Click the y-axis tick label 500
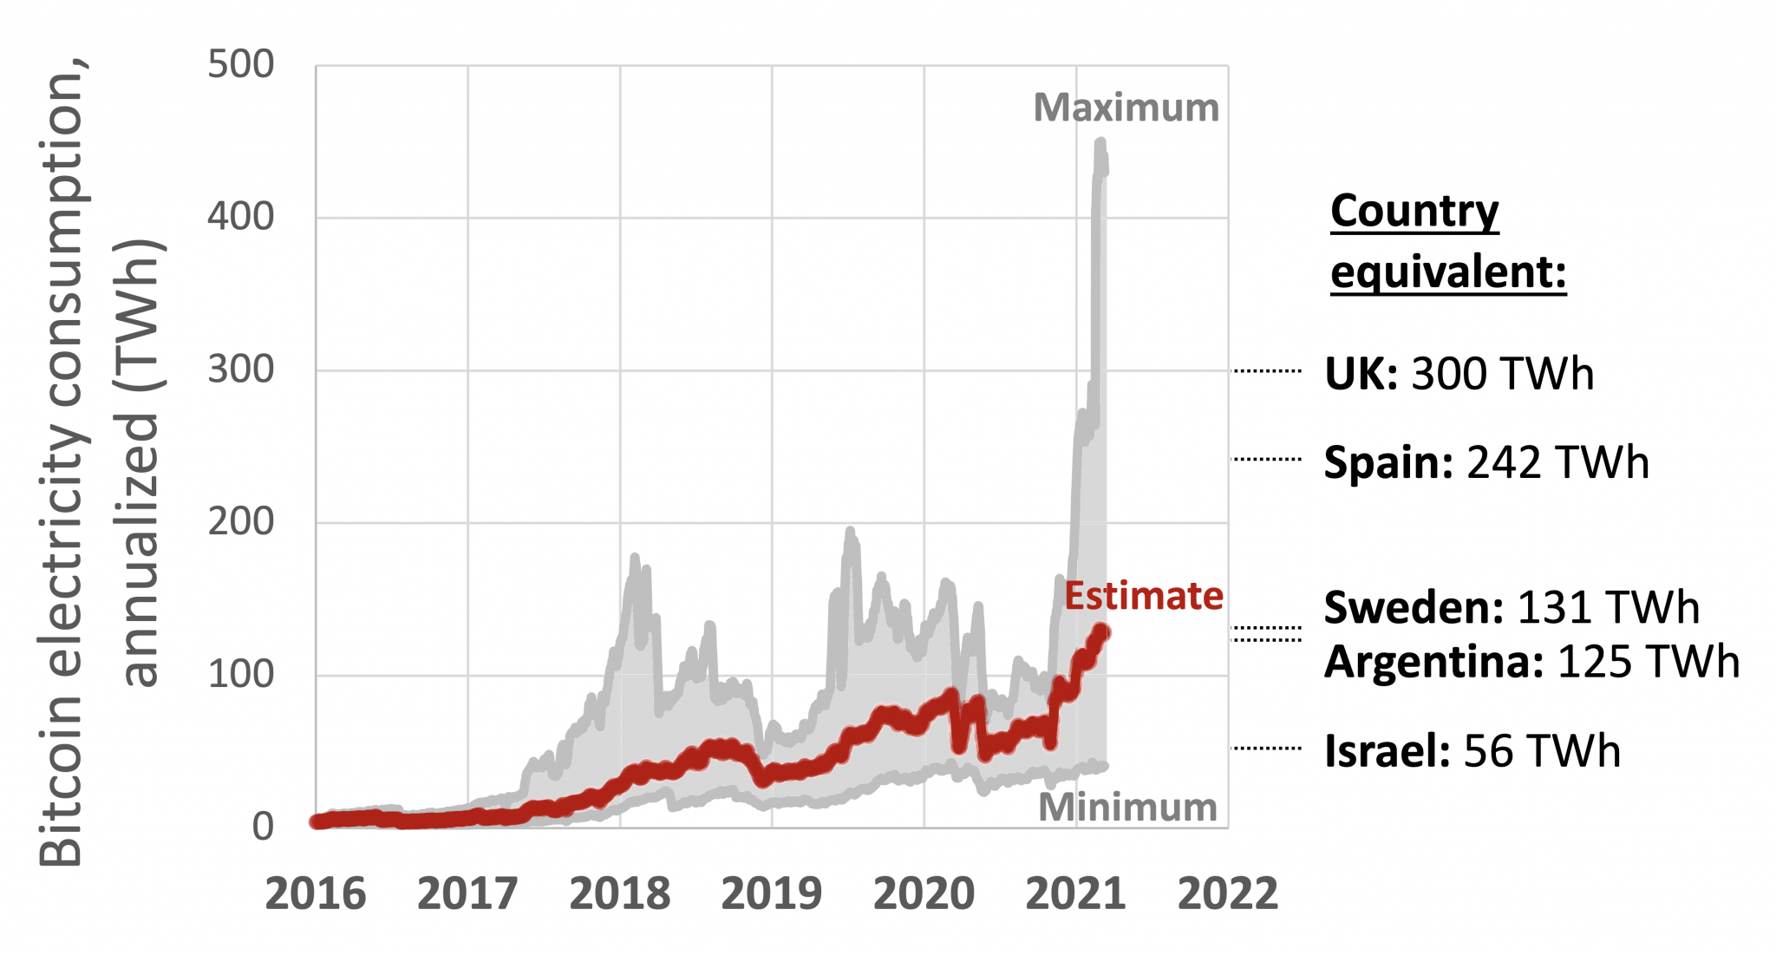point(240,65)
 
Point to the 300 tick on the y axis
point(240,370)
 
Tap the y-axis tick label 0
point(262,827)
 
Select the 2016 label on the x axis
point(316,894)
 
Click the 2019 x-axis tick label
point(771,894)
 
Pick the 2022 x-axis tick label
point(1227,894)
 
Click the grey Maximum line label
point(1126,108)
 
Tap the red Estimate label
point(1143,597)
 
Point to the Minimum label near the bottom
point(1127,808)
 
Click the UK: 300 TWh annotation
point(1459,374)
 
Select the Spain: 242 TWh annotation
point(1485,462)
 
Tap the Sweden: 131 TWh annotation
point(1511,607)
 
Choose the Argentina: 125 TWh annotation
point(1531,662)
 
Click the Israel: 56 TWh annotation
point(1472,751)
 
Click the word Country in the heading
point(1414,212)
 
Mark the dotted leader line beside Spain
point(1267,459)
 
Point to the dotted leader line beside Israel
point(1267,748)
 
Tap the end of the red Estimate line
point(1103,631)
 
